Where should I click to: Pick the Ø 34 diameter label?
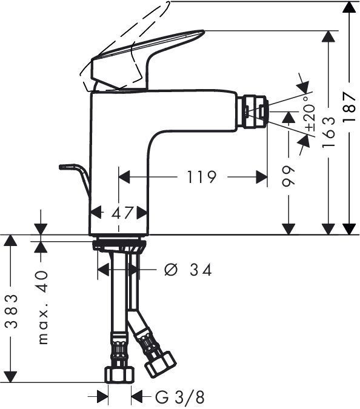188,270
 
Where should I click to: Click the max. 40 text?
42,307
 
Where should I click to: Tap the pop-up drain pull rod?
76,176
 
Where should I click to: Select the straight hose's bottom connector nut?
118,374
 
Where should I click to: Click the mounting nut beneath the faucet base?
119,247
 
